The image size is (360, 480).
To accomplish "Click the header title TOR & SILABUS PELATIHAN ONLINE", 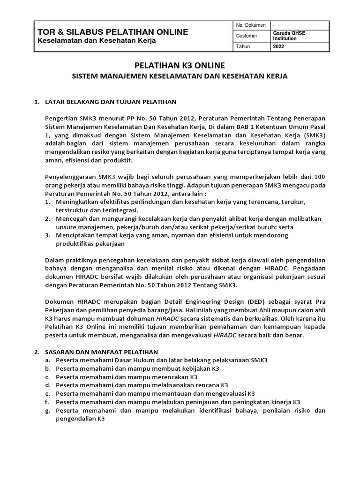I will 113,32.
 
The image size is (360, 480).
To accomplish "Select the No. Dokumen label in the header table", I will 251,25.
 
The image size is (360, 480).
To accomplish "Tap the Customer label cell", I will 247,36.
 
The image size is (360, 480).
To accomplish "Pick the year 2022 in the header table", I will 278,47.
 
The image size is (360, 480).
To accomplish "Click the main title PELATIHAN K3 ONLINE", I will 180,65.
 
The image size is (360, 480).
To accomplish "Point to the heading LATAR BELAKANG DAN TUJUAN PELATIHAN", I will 111,102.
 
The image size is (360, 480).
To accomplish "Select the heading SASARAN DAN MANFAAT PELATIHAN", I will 101,352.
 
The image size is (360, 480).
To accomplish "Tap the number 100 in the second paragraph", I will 319,176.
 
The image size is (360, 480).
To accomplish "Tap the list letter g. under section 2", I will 48,411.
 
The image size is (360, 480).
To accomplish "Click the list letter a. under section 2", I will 48,360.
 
